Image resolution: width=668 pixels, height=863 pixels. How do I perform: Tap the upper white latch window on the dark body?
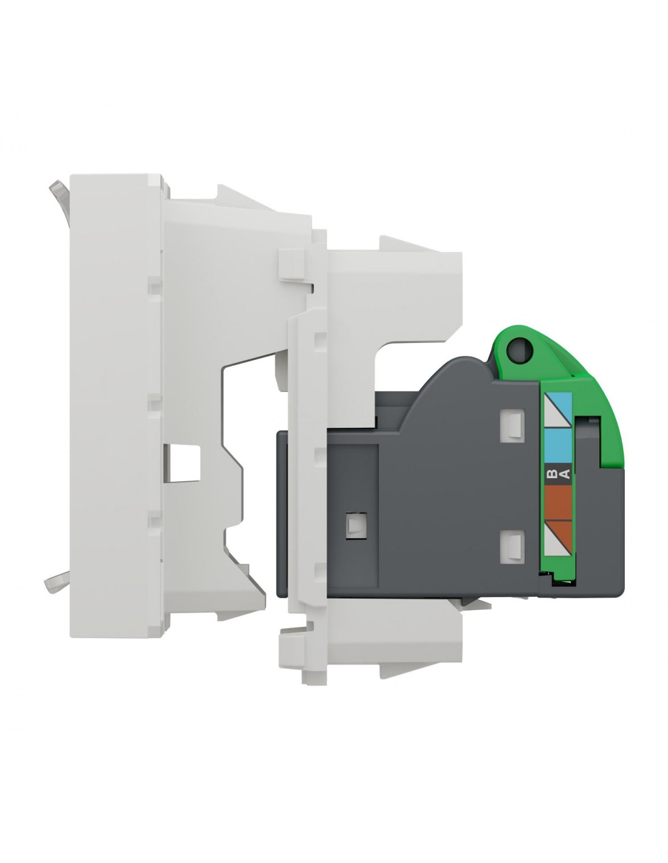512,426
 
